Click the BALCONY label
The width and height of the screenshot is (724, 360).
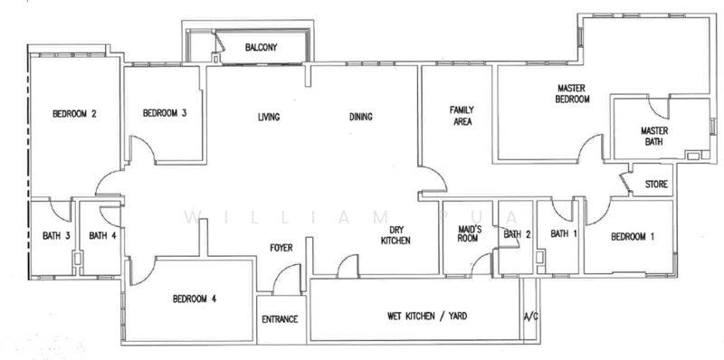262,48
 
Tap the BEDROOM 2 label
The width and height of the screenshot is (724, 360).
74,114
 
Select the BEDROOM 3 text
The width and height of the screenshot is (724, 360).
165,113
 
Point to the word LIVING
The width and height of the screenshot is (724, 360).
269,118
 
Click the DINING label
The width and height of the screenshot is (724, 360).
360,117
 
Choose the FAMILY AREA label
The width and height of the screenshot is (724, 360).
462,116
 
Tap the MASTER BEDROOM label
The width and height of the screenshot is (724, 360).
572,93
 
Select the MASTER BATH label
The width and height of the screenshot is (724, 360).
653,137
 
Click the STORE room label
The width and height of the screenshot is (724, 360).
656,185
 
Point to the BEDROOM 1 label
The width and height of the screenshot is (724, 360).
633,237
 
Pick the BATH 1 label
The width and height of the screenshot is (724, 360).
564,234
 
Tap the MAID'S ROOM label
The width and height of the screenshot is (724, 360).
469,233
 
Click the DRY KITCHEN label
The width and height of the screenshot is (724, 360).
395,234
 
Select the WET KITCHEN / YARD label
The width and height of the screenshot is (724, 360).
426,317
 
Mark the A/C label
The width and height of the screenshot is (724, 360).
531,317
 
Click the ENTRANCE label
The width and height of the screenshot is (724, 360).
280,319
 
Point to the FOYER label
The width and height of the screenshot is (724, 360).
281,248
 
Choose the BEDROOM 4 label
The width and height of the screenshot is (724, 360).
195,299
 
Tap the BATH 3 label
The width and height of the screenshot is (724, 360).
56,236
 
